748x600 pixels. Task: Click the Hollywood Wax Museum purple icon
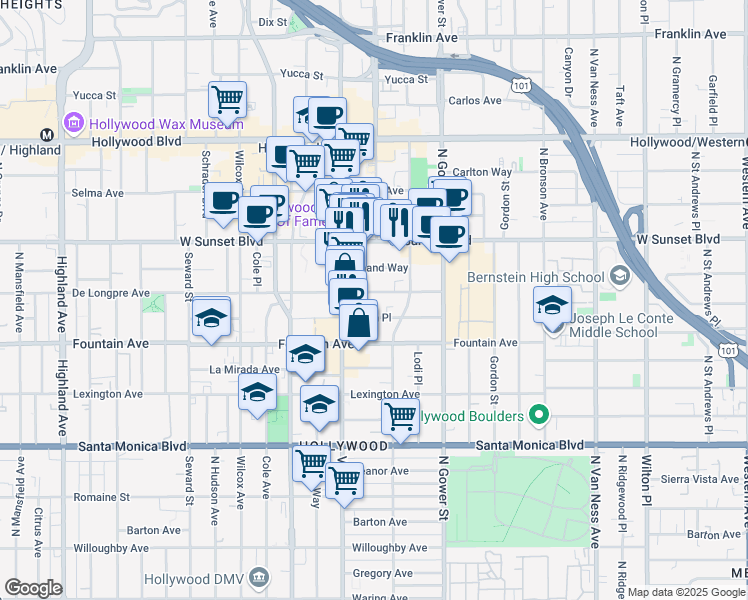tap(72, 124)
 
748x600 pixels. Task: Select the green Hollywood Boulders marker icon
tap(540, 413)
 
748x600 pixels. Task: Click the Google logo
tap(33, 588)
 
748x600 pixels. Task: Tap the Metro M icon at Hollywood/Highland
tap(46, 134)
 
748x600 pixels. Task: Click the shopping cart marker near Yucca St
tap(228, 100)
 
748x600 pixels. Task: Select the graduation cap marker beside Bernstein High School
tap(552, 305)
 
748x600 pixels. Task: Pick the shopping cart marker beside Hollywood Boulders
tap(400, 417)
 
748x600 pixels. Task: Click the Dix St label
tap(272, 21)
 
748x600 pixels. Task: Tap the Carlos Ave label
tap(475, 101)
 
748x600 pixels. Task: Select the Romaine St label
tap(101, 496)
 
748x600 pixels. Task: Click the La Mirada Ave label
tap(244, 369)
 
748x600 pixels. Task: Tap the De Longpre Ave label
tap(110, 293)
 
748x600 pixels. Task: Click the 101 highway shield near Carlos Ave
tap(521, 86)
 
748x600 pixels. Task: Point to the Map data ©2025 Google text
tap(686, 592)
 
